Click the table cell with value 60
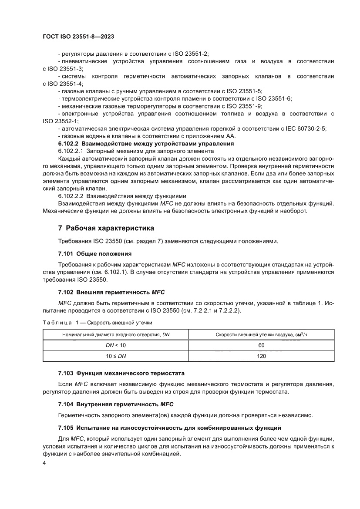coord(261,345)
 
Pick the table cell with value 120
coord(261,356)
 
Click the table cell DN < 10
coord(116,345)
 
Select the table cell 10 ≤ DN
coord(116,356)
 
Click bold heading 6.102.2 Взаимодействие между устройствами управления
coord(146,143)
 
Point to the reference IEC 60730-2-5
coord(304,128)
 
